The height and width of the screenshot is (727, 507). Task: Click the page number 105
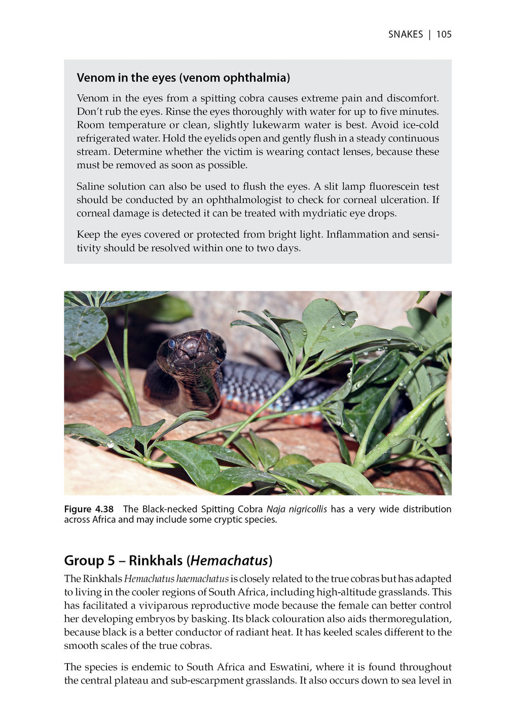point(444,34)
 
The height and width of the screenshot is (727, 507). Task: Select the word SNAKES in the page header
point(405,34)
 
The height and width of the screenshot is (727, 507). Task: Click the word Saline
point(91,186)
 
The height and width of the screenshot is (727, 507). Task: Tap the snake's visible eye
point(171,344)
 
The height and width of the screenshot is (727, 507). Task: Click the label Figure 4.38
point(89,509)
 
